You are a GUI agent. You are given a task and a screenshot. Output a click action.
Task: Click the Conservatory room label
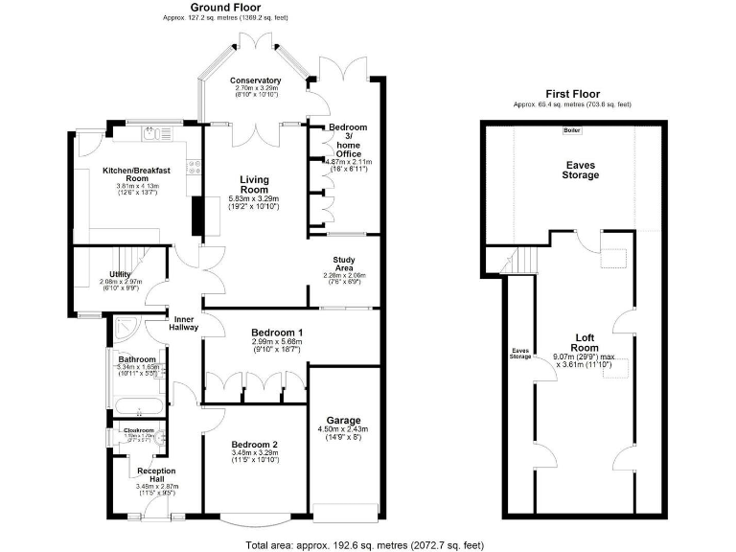point(256,80)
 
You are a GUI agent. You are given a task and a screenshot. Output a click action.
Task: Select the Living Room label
point(254,184)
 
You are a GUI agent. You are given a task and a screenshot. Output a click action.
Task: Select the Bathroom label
point(137,359)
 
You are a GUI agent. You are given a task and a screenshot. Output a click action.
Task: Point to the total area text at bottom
point(364,544)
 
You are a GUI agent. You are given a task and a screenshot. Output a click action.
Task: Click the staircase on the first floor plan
point(518,259)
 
